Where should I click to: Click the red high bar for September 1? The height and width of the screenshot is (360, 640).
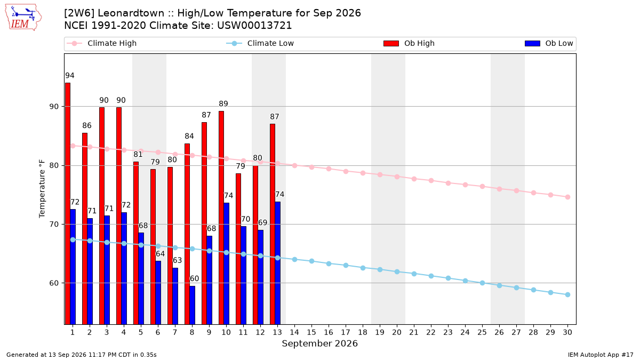(68, 203)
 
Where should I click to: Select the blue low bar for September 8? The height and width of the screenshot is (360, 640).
(193, 305)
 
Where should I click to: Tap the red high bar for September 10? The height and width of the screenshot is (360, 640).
(221, 218)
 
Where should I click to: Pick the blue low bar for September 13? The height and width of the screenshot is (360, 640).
(278, 263)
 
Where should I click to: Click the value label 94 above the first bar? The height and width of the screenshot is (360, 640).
(70, 75)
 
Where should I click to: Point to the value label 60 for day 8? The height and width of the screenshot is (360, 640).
(194, 278)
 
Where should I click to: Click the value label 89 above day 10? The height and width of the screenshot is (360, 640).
(223, 103)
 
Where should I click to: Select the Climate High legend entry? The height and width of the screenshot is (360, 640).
(101, 43)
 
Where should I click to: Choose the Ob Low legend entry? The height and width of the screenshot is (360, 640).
(549, 43)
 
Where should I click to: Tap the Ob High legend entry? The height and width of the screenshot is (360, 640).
(409, 43)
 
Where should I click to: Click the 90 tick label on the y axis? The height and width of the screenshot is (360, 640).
(54, 107)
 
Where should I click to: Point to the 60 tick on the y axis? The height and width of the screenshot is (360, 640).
(54, 283)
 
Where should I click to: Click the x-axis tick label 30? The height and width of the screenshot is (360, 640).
(567, 332)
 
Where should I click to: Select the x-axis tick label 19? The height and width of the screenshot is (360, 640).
(380, 332)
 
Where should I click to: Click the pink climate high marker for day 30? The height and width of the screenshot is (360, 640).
(567, 197)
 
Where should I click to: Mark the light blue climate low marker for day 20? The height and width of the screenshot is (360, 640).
(397, 271)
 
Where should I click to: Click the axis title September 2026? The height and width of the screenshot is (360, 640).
(319, 343)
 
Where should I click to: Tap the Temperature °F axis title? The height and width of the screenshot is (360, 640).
(42, 189)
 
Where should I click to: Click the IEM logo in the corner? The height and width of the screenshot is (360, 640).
(23, 18)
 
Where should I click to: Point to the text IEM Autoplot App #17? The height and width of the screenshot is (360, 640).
(601, 355)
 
